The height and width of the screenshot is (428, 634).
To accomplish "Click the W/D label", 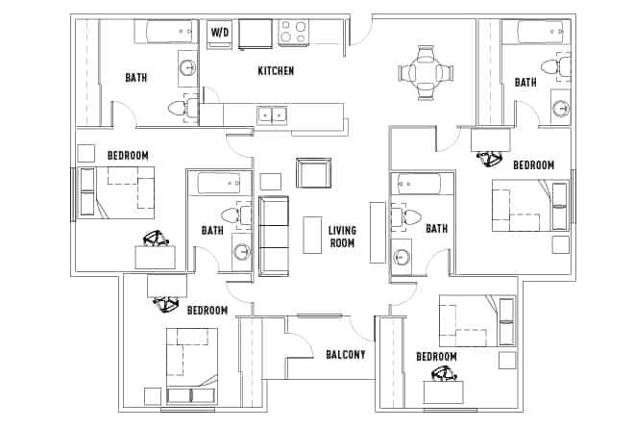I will pyautogui.click(x=220, y=34).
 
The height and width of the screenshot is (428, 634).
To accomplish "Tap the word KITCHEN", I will pyautogui.click(x=276, y=71).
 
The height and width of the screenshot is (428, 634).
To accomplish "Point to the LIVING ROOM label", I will pyautogui.click(x=342, y=237).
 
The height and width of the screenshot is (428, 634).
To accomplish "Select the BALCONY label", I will pyautogui.click(x=345, y=355).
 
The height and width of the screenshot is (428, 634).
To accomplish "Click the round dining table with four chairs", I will pyautogui.click(x=424, y=72).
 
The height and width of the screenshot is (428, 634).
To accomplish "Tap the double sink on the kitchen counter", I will pyautogui.click(x=272, y=115).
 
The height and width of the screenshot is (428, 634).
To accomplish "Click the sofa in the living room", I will pyautogui.click(x=274, y=236).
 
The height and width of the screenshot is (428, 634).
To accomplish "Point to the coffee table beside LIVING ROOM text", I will pyautogui.click(x=312, y=235).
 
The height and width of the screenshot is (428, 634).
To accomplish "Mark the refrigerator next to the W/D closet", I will pyautogui.click(x=256, y=34).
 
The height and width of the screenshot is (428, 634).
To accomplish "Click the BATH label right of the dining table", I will pyautogui.click(x=525, y=83).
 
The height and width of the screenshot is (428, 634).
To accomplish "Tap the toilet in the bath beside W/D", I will pyautogui.click(x=179, y=107).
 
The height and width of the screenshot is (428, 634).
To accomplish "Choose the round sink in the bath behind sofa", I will pyautogui.click(x=241, y=253).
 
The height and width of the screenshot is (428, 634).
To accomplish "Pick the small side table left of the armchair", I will pyautogui.click(x=270, y=180).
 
